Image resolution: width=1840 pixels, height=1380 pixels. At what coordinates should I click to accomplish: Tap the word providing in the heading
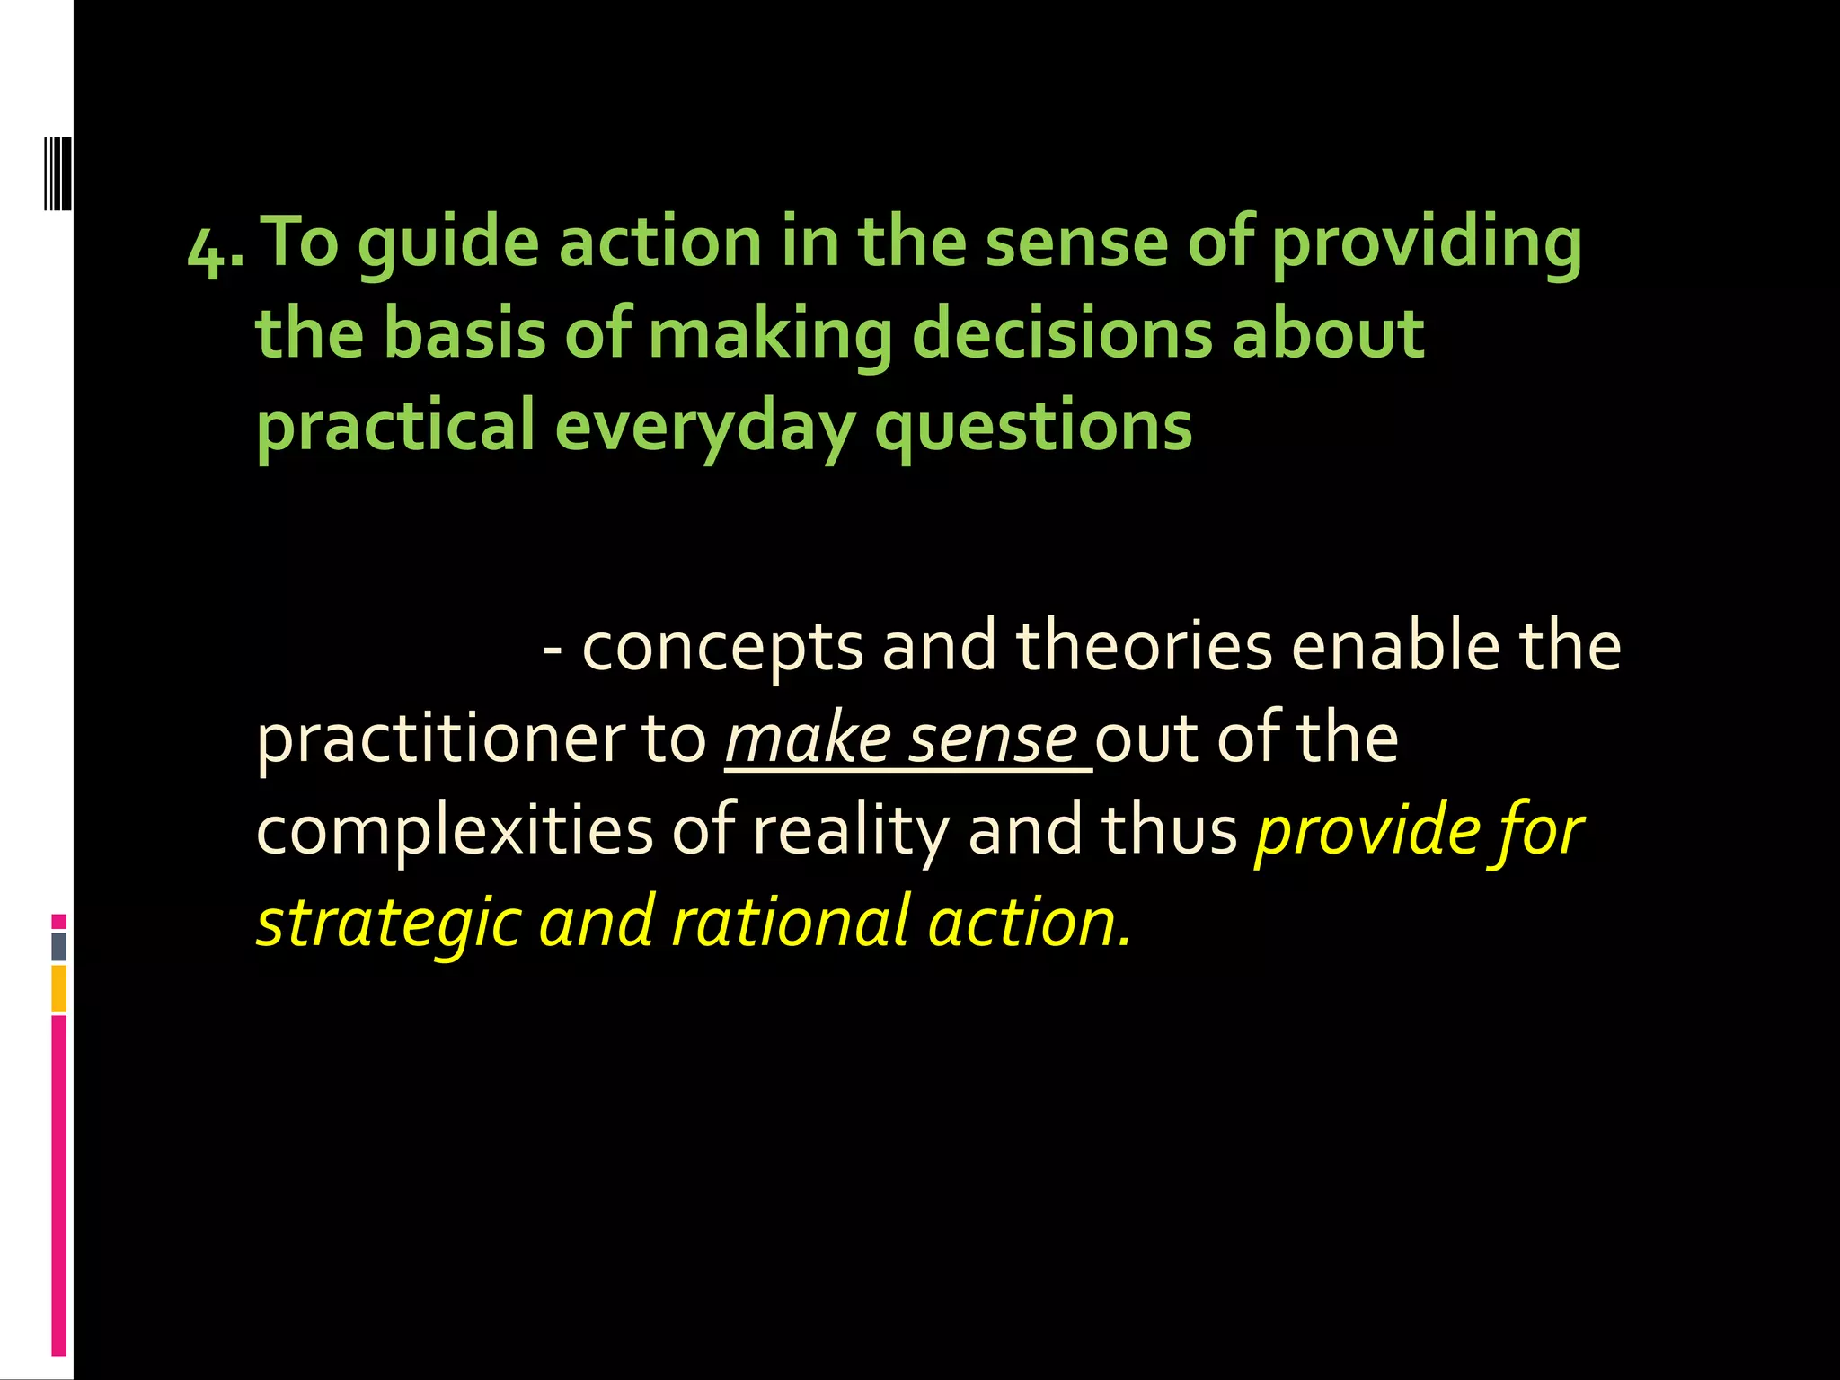click(x=1427, y=244)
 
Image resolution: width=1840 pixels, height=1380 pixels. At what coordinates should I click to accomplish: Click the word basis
click(x=464, y=333)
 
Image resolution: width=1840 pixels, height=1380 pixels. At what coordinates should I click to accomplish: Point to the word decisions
click(x=1062, y=333)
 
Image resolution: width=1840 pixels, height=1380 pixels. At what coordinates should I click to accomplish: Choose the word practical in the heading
click(x=395, y=427)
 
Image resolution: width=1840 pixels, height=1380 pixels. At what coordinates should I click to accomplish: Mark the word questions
click(x=1033, y=427)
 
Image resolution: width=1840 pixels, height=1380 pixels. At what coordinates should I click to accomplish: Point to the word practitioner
click(x=437, y=740)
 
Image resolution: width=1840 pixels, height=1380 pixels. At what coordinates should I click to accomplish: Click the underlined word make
click(x=808, y=740)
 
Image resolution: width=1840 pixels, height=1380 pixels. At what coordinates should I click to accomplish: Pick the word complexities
click(x=455, y=832)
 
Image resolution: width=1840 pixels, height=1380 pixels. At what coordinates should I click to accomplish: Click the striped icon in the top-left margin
click(x=57, y=173)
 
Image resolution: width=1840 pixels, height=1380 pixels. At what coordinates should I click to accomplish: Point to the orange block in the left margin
click(x=58, y=988)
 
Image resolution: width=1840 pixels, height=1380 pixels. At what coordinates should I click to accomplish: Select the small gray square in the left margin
click(x=58, y=947)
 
